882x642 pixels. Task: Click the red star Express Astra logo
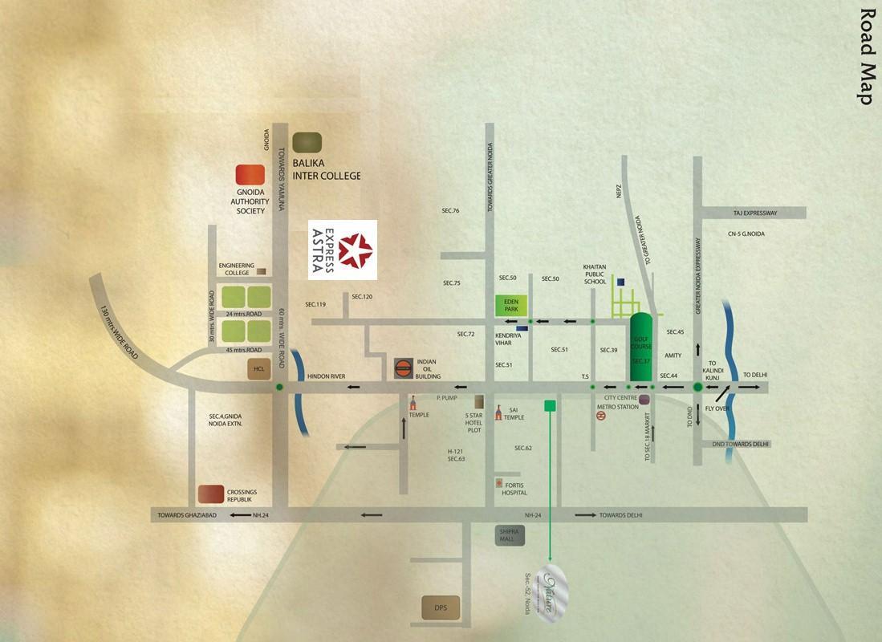pyautogui.click(x=355, y=250)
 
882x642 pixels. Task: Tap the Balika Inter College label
pyautogui.click(x=326, y=169)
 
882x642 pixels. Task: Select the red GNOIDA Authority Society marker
pyautogui.click(x=250, y=174)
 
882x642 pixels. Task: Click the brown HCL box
pyautogui.click(x=258, y=369)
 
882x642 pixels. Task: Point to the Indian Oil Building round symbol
pyautogui.click(x=404, y=368)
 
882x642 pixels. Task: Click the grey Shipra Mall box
pyautogui.click(x=510, y=535)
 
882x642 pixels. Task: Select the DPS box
pyautogui.click(x=440, y=608)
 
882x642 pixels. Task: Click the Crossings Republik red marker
pyautogui.click(x=210, y=493)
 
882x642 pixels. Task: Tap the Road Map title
pyautogui.click(x=866, y=56)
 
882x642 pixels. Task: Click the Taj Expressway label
pyautogui.click(x=755, y=213)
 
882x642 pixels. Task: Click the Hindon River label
pyautogui.click(x=326, y=376)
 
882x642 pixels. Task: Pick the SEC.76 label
pyautogui.click(x=450, y=211)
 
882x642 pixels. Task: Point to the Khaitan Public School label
pyautogui.click(x=595, y=274)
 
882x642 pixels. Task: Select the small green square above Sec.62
pyautogui.click(x=551, y=405)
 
